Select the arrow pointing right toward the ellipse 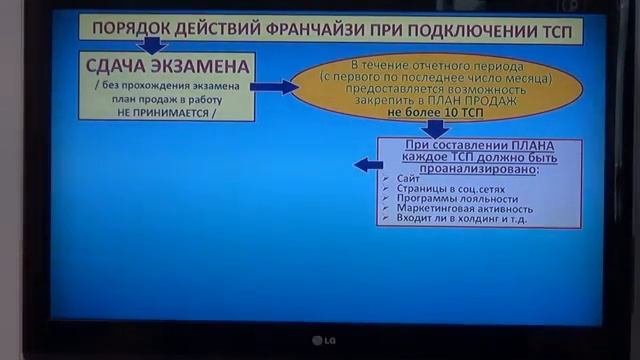click(x=273, y=87)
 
